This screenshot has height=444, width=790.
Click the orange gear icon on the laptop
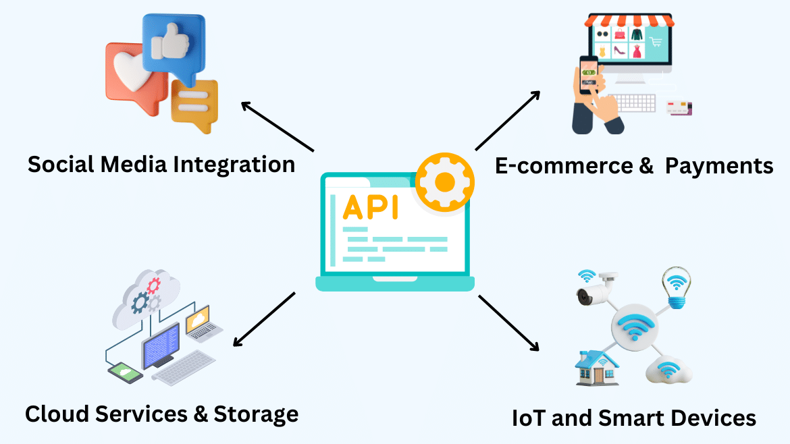(444, 181)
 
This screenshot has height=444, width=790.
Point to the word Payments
(719, 166)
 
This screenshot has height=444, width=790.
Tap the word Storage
(256, 413)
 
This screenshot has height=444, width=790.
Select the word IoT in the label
(528, 418)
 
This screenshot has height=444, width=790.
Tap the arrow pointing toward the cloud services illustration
(264, 319)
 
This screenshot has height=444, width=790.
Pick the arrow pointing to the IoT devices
(509, 323)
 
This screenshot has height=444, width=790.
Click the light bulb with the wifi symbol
(674, 283)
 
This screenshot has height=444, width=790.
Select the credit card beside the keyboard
(680, 107)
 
